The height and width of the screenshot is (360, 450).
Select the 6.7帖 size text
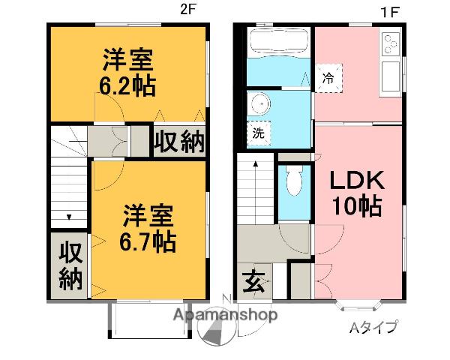pyautogui.click(x=149, y=241)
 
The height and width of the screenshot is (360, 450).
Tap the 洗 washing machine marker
pyautogui.click(x=258, y=134)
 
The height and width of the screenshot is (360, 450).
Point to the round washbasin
pyautogui.click(x=259, y=103)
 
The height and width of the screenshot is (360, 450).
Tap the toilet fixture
pyautogui.click(x=294, y=180)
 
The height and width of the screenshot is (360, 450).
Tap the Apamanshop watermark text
pyautogui.click(x=226, y=315)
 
